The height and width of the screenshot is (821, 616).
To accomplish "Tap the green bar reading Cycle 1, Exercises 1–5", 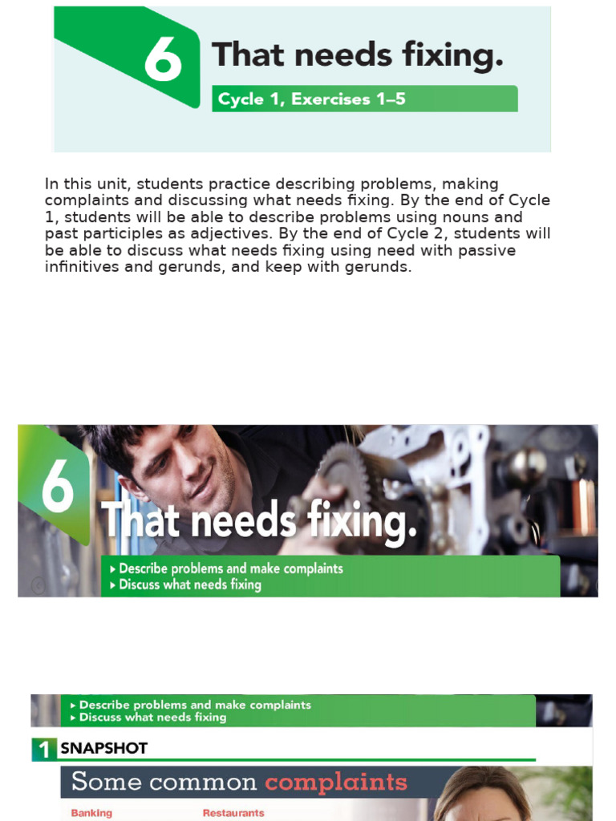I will [364, 99].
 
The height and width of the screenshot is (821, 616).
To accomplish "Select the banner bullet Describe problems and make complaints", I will [231, 568].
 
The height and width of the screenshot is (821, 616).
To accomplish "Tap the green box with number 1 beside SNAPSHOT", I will [44, 749].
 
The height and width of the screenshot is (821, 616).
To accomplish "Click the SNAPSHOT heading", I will [104, 749].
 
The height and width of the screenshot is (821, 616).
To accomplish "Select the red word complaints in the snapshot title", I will [336, 782].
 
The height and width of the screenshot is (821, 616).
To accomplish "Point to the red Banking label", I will [91, 813].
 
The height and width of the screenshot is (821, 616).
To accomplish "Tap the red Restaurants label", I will [233, 813].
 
